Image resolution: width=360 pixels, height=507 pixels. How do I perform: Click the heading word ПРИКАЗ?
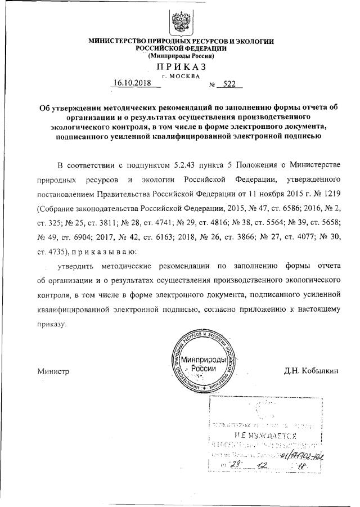(x=180, y=67)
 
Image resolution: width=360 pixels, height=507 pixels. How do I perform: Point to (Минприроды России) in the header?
(x=180, y=56)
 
